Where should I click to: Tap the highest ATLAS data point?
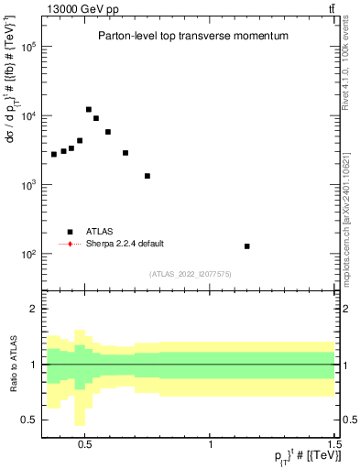point(89,110)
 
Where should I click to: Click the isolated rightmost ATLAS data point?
point(247,246)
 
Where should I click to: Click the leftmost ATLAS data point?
point(54,154)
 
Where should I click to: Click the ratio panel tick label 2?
point(31,309)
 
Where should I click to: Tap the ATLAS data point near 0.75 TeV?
point(147,176)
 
